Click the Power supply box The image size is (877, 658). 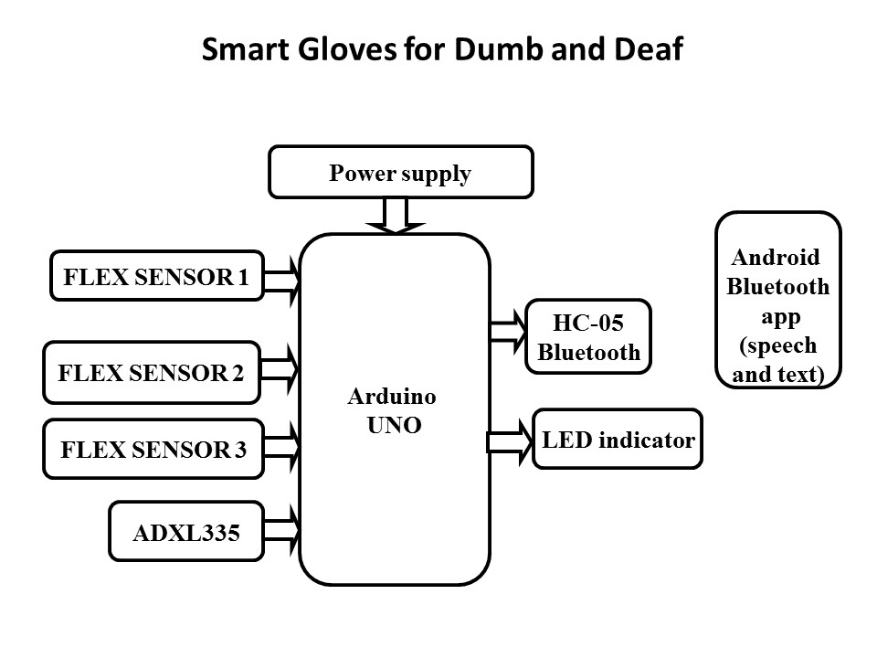(x=400, y=173)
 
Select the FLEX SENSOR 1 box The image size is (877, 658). (x=156, y=276)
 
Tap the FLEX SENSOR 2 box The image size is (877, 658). (x=152, y=372)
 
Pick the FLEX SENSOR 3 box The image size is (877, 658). (x=153, y=449)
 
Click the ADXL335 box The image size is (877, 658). (x=186, y=531)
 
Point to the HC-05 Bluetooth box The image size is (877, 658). (x=588, y=336)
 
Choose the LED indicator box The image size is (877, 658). (x=618, y=440)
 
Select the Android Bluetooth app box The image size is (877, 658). (x=777, y=301)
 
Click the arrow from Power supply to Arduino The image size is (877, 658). (x=394, y=216)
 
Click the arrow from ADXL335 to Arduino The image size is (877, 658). (x=282, y=529)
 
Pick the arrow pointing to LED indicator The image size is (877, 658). (x=510, y=441)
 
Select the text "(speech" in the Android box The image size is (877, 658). (x=777, y=347)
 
